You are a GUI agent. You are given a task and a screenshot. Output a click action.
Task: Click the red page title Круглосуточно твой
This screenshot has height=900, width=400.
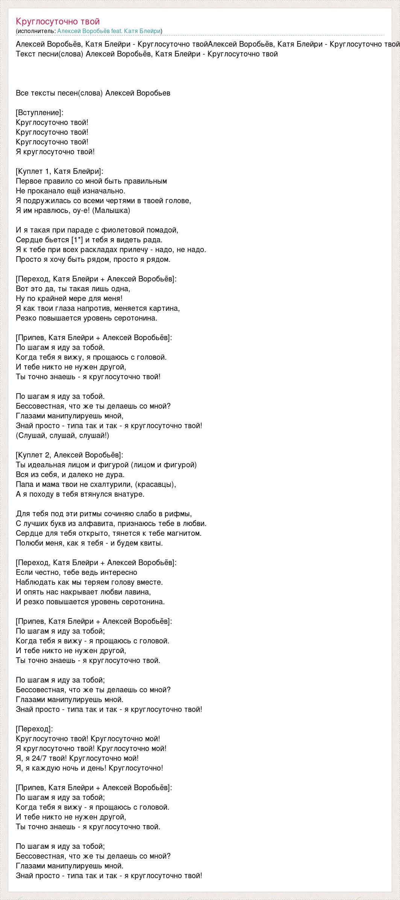coord(58,21)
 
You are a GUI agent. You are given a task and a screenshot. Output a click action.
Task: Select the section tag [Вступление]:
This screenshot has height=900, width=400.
coord(39,113)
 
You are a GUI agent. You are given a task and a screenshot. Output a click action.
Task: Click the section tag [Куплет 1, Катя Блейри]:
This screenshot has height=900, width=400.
coord(59,171)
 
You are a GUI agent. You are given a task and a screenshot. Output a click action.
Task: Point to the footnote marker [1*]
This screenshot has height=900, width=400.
coord(77,240)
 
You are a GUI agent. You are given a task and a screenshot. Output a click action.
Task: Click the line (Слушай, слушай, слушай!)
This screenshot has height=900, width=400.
coord(62,435)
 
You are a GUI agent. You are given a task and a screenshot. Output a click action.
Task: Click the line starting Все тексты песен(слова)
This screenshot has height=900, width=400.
coord(93,93)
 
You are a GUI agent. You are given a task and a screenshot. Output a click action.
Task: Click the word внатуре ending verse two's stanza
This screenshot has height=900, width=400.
coord(130,494)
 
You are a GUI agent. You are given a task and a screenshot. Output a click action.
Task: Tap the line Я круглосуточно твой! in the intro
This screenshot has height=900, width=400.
coord(55,152)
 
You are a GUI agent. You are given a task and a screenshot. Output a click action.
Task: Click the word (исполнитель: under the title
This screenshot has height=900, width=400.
coord(36,31)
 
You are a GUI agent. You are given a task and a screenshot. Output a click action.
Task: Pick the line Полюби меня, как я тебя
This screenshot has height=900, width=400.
coord(89,543)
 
